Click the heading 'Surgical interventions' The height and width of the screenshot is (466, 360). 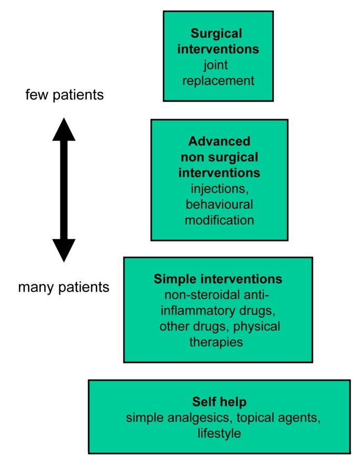coord(218,42)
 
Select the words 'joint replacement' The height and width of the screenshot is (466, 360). coord(218,73)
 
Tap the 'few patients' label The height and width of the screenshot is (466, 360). coord(64,95)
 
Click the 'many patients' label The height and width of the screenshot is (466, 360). coord(64,287)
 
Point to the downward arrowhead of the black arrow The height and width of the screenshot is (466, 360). coord(64,250)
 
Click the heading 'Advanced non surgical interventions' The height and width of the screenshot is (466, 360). coord(219,157)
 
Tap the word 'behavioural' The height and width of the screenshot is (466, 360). coord(219,204)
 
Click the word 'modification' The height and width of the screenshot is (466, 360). coord(219,219)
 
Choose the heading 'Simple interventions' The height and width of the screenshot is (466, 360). coord(218,278)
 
